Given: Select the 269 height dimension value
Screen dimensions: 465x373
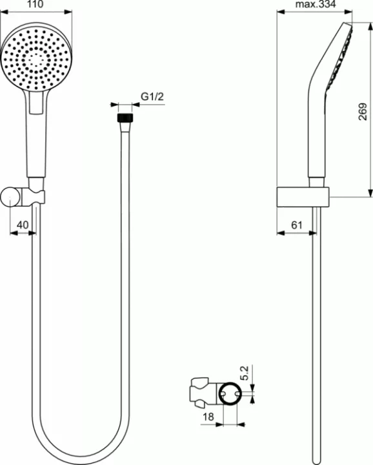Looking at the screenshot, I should point(363,114).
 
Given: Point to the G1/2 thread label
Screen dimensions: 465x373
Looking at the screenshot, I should point(151,97).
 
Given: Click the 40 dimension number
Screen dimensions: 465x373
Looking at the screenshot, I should point(23,225).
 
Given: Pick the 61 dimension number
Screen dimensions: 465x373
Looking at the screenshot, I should point(297,225).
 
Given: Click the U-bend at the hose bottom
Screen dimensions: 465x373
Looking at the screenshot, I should point(77,452).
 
